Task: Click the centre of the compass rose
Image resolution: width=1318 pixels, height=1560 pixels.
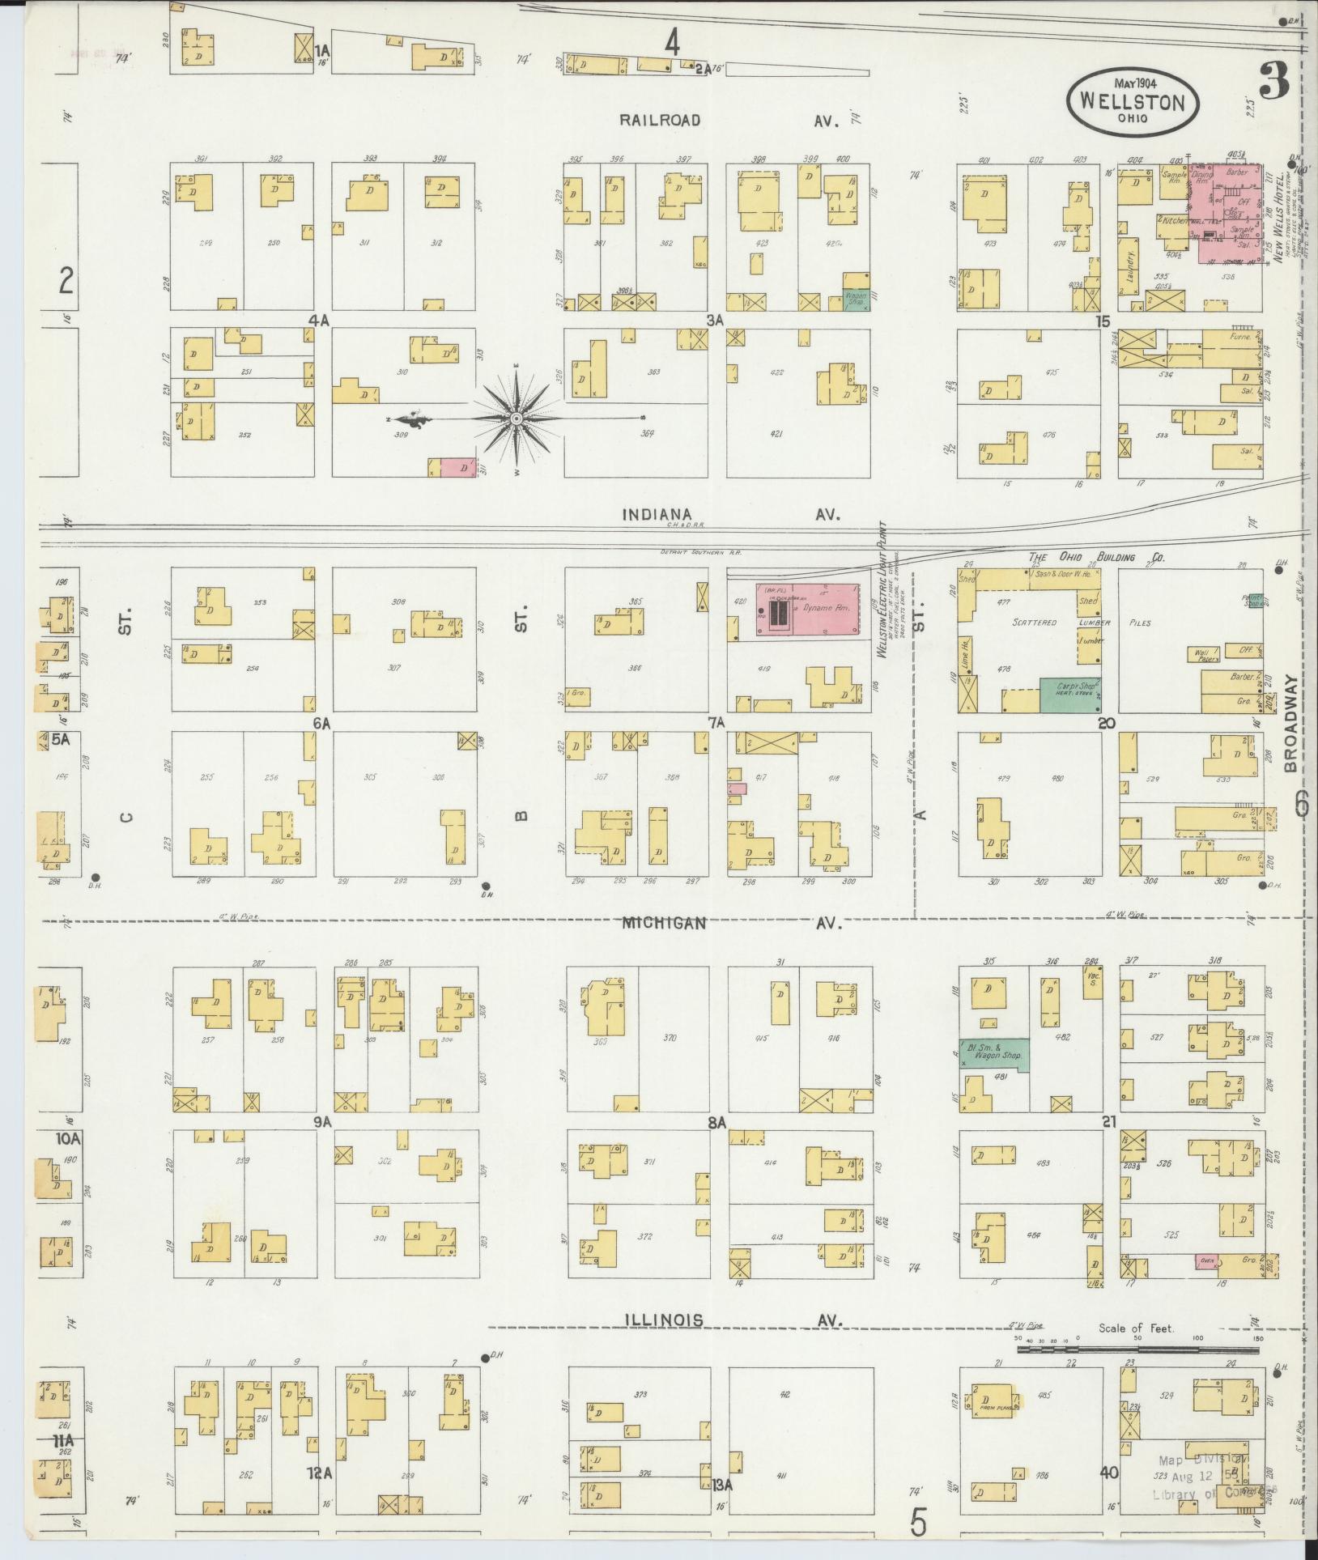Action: [x=516, y=419]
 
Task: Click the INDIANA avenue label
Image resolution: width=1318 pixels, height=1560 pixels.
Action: [x=657, y=514]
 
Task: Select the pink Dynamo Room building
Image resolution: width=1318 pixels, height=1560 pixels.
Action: [x=805, y=609]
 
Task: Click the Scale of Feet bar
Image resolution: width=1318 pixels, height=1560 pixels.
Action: [x=1139, y=1350]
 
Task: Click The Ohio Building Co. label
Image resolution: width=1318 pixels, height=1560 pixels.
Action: [x=1096, y=558]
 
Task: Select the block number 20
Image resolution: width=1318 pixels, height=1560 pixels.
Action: [x=1107, y=723]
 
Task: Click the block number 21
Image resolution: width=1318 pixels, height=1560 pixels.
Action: [x=1108, y=1121]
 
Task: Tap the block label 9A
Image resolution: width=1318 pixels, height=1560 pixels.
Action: [x=323, y=1121]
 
